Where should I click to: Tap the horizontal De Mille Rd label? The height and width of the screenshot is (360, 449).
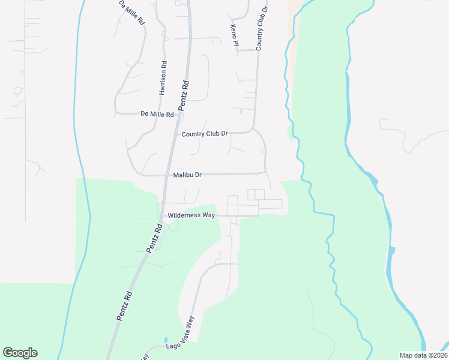157,114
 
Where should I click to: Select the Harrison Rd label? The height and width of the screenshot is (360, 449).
163,77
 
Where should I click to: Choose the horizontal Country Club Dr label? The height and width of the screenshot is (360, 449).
205,134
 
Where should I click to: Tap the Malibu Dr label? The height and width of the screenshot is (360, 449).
187,175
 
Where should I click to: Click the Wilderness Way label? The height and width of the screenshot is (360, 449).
191,215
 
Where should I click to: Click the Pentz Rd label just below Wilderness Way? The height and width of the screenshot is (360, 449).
155,238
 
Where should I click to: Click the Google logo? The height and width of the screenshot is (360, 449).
20,353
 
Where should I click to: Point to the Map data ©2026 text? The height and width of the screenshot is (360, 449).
423,355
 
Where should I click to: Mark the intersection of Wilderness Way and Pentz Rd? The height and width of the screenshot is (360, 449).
161,215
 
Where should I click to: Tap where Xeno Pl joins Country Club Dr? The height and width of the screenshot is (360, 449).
257,50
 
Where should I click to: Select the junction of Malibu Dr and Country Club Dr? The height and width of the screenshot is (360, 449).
266,173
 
